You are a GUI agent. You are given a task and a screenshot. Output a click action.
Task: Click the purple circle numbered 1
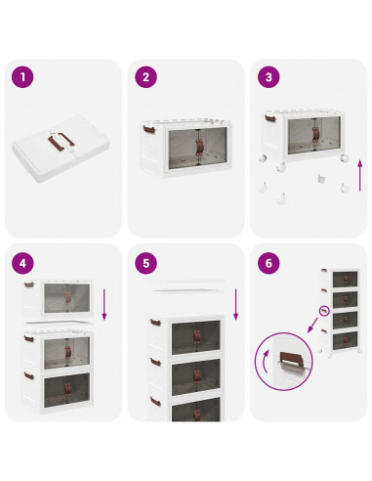point(22,77)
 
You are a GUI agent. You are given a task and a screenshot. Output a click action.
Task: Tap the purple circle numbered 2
point(145,77)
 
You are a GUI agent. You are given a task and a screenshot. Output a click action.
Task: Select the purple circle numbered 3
point(269,77)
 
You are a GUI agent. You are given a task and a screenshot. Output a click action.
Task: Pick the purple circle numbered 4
point(22,263)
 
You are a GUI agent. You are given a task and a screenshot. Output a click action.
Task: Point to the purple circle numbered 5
point(145,263)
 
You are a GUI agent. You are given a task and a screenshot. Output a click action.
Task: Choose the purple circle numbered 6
point(269,263)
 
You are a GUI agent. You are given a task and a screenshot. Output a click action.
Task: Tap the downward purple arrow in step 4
point(104,304)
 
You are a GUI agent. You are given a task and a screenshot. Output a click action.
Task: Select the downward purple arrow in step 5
point(236,304)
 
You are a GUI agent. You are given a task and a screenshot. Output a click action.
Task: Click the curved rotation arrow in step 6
point(265,362)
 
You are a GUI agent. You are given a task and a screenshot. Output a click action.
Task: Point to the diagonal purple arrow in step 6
point(312,326)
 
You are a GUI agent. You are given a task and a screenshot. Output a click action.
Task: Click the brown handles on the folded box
point(62,140)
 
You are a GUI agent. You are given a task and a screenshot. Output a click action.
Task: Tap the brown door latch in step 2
point(199,147)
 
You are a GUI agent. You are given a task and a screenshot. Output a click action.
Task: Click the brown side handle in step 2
point(148,129)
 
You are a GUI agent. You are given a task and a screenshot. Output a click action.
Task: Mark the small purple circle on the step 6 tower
point(324,311)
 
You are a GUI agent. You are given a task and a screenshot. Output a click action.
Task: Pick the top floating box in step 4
point(58,297)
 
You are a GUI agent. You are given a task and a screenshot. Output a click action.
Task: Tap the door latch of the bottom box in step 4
point(67,390)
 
